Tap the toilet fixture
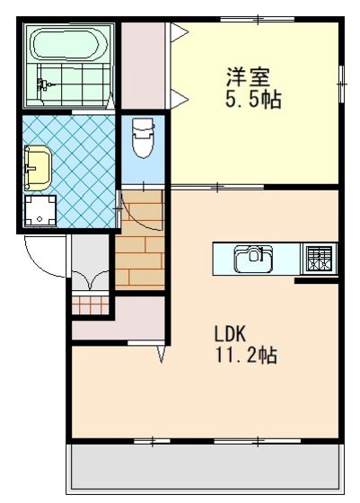143,137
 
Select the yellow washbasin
38,167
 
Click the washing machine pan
40,210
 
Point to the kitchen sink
253,259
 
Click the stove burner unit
320,259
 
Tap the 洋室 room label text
249,77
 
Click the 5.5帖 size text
253,99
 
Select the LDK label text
230,333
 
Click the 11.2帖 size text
246,355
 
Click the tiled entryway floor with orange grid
90,304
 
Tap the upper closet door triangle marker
179,32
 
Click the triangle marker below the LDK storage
162,354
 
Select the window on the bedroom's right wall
342,84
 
